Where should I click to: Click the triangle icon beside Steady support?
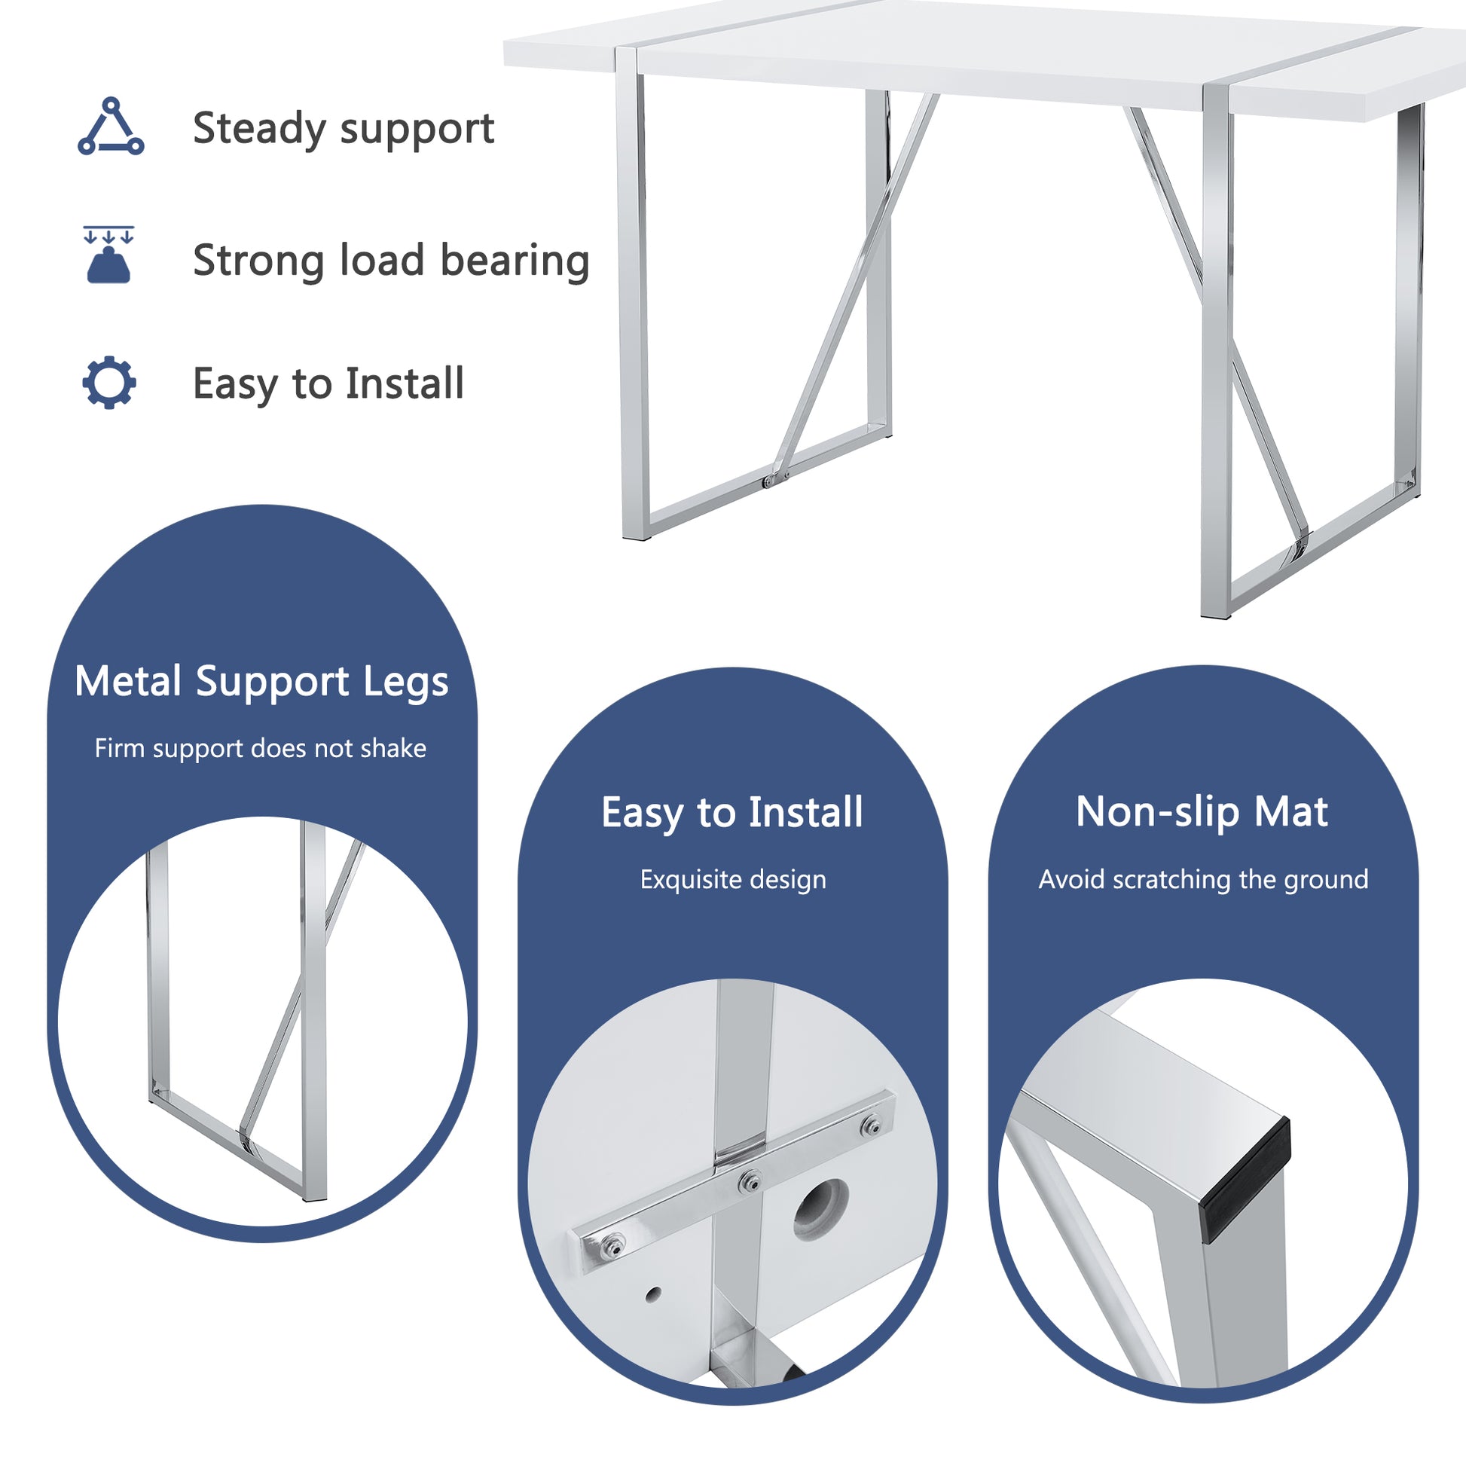click(x=111, y=127)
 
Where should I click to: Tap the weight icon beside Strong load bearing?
click(x=108, y=255)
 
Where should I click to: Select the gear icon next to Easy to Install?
click(x=109, y=383)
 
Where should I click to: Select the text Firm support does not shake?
click(x=260, y=748)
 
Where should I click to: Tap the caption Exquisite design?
click(x=733, y=879)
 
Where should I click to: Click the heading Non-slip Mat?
click(x=1202, y=812)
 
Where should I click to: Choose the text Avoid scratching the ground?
click(x=1203, y=879)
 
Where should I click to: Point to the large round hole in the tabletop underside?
click(x=821, y=1208)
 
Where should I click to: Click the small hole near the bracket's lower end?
click(x=652, y=1294)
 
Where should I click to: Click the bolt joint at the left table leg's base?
click(x=771, y=481)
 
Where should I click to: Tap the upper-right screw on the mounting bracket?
click(x=873, y=1126)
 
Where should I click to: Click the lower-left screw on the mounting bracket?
click(x=612, y=1245)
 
